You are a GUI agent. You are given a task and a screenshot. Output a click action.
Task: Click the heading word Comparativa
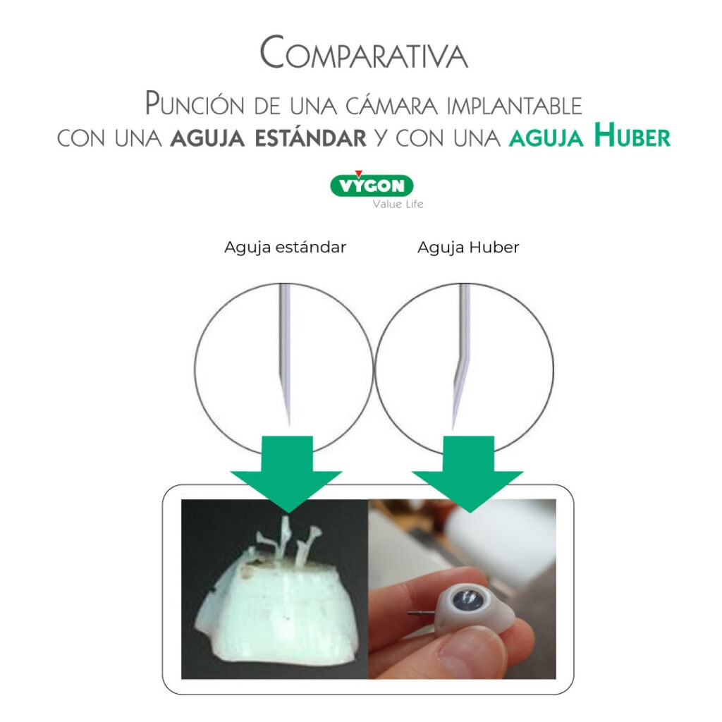[364, 52]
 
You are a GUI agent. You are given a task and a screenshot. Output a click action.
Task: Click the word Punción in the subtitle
[195, 103]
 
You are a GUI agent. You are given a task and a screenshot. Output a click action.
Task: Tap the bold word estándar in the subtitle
[311, 138]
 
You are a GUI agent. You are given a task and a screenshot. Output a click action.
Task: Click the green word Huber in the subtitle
[632, 135]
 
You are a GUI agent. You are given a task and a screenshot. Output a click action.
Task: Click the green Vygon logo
[372, 185]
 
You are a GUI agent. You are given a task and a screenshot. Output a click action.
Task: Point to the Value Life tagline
[398, 204]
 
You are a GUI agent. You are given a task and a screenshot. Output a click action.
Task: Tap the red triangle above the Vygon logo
[359, 173]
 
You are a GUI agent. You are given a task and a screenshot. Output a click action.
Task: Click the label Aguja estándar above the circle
[285, 247]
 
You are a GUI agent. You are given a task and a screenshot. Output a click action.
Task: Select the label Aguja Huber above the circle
[468, 247]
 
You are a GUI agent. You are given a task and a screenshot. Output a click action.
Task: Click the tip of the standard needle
[288, 424]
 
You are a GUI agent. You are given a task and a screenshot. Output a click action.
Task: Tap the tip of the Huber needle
[453, 428]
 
